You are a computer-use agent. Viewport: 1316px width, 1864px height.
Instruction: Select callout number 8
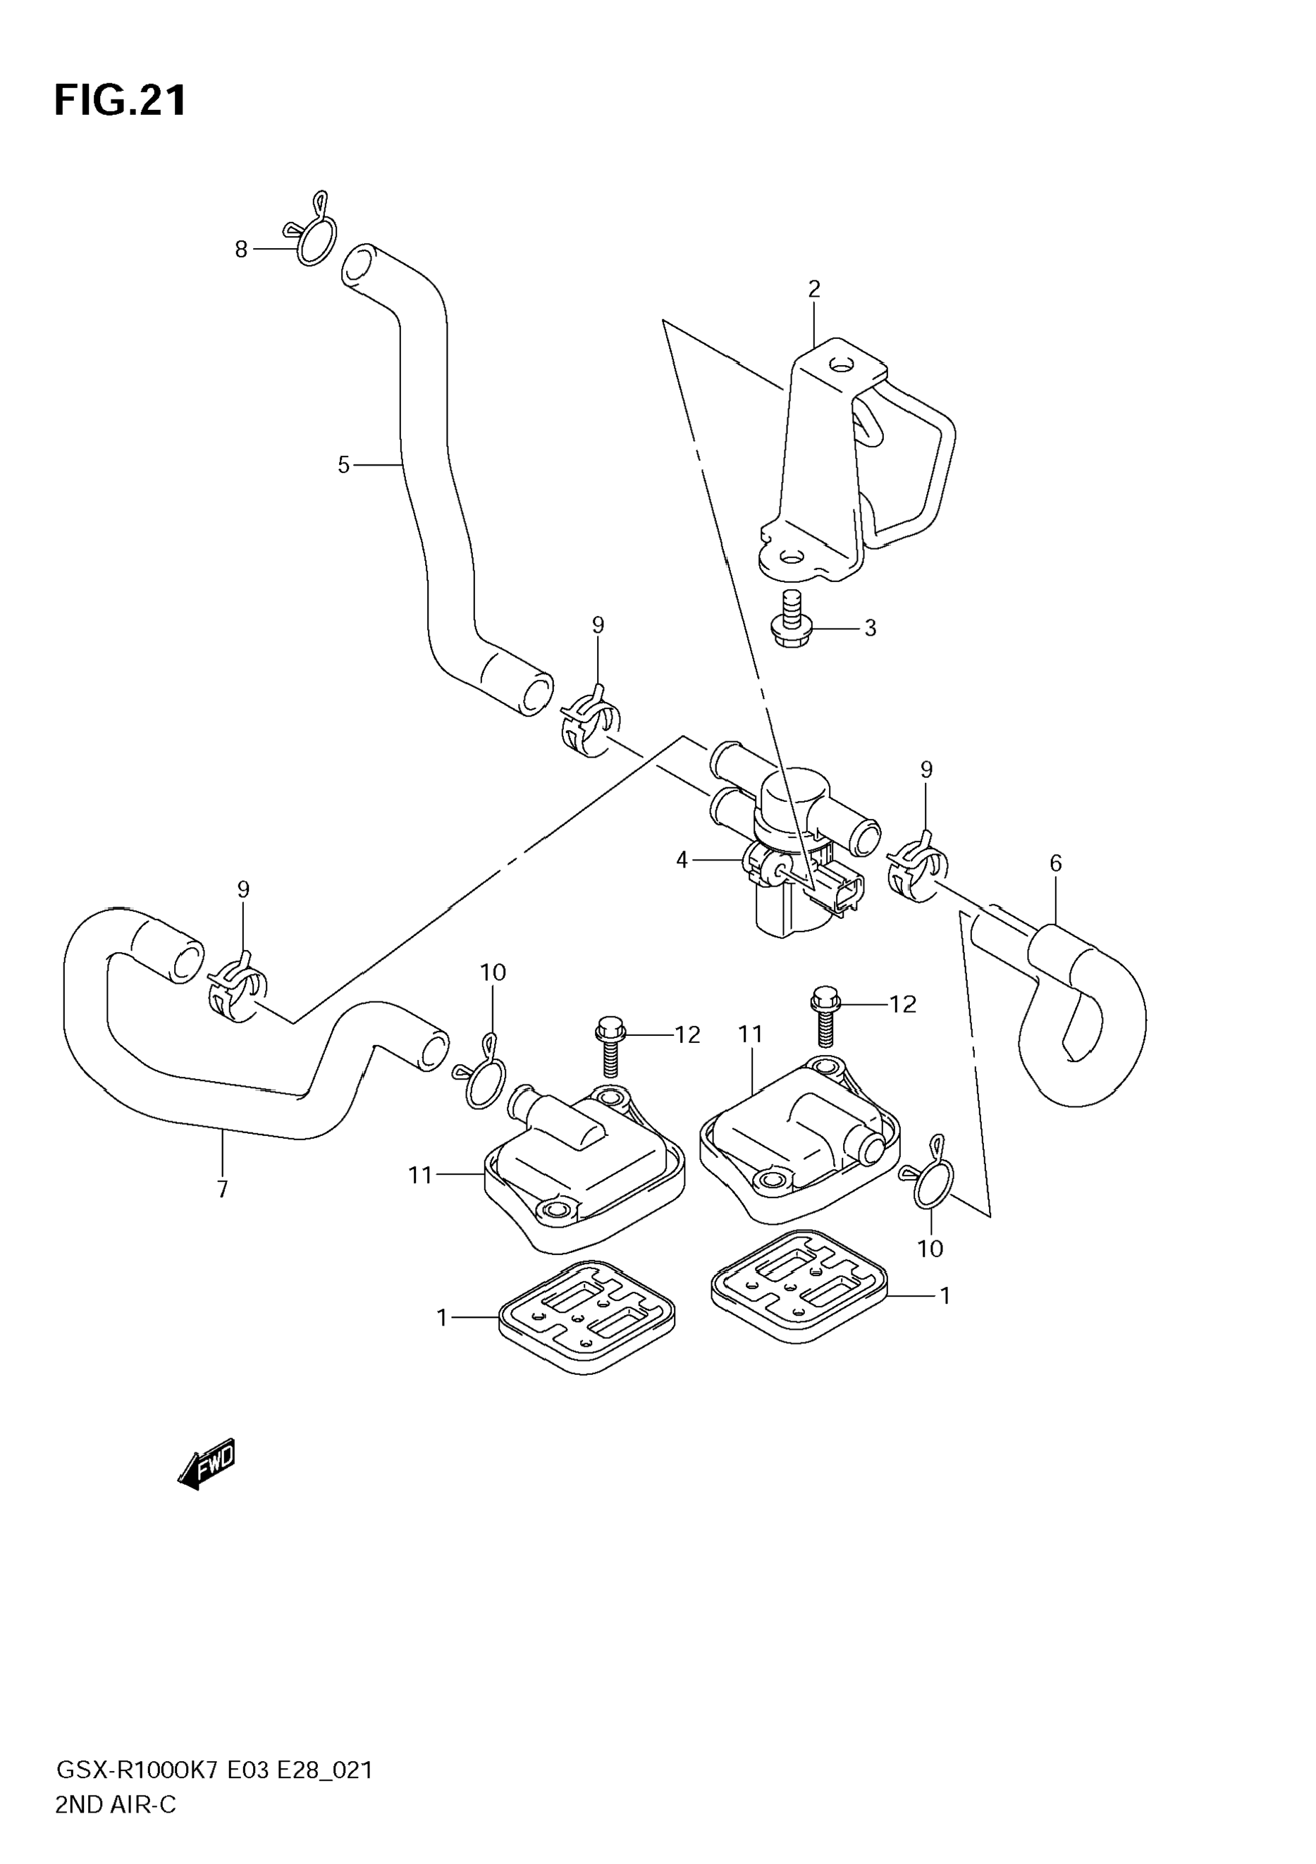pyautogui.click(x=241, y=249)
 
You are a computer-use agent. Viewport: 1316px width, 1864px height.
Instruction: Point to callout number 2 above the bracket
pyautogui.click(x=813, y=289)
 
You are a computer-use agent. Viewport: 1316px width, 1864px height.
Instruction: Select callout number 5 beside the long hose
pyautogui.click(x=343, y=465)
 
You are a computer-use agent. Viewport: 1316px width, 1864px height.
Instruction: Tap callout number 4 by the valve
pyautogui.click(x=682, y=860)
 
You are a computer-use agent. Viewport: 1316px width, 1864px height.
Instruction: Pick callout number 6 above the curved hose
pyautogui.click(x=1055, y=863)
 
